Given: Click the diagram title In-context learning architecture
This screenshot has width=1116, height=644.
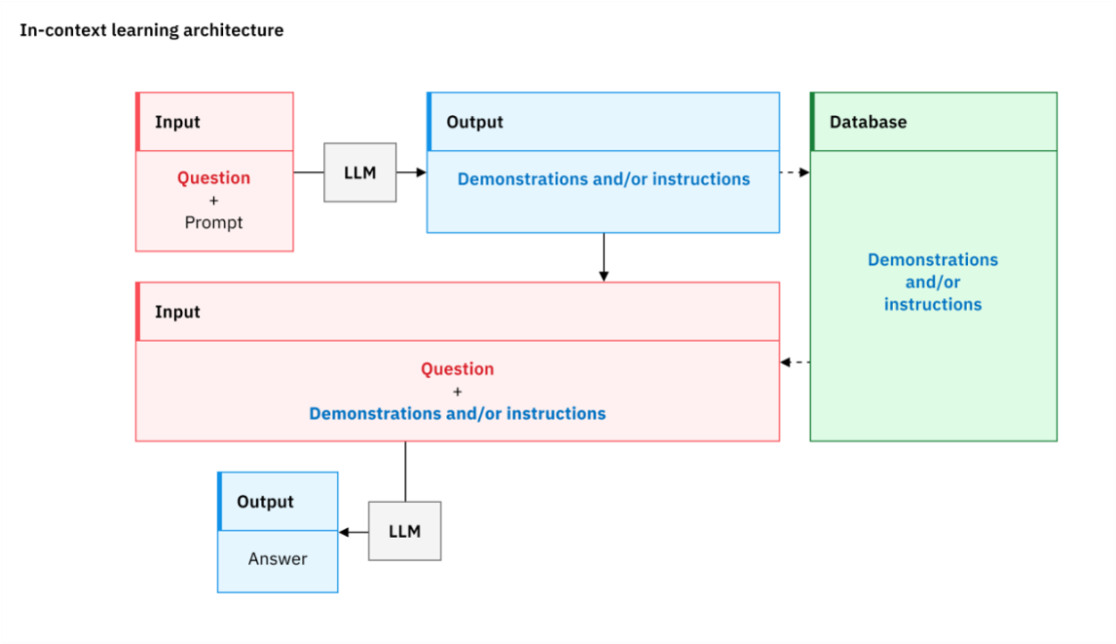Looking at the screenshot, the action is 152,30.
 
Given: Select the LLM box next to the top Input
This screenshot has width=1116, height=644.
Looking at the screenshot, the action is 360,172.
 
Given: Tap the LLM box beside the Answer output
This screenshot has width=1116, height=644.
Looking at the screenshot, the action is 404,531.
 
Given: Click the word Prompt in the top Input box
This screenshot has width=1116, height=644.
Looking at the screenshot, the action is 213,222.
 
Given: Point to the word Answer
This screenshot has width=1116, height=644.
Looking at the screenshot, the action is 278,558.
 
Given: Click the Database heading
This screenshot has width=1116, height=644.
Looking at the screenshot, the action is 869,122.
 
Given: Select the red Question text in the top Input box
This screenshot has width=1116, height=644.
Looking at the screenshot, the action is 213,177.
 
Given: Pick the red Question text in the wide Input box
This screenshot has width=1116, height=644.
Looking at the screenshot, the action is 457,369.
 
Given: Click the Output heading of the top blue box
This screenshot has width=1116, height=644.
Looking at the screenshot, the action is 474,122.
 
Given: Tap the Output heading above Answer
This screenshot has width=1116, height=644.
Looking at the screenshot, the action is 265,502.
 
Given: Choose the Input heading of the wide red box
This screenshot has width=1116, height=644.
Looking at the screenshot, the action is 177,312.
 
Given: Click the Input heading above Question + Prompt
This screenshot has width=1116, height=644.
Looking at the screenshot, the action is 177,122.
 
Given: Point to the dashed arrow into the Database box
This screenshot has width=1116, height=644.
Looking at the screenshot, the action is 795,172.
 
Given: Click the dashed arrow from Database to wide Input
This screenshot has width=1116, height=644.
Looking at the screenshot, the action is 795,361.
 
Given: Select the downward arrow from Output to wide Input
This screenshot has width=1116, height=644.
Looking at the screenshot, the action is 604,257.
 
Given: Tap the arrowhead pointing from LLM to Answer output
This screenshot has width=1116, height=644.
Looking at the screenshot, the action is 344,531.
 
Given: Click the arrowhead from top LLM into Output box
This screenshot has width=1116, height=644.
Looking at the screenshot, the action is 422,172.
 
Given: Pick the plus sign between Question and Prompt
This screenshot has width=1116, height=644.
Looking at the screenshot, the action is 213,201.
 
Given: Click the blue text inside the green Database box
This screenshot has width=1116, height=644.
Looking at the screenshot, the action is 932,283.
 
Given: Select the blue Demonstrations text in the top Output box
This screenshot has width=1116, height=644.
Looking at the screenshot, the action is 604,179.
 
